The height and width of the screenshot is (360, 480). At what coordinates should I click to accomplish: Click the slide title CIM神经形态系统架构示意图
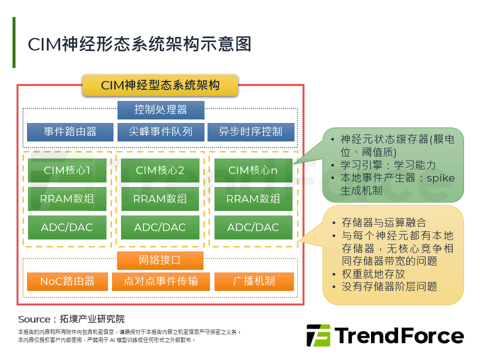139,44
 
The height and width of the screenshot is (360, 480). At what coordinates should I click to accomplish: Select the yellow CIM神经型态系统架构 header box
160,85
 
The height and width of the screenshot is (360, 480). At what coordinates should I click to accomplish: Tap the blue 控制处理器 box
160,110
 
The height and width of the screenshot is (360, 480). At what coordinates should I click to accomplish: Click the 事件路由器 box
70,132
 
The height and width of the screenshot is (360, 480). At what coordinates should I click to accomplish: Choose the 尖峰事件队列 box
160,132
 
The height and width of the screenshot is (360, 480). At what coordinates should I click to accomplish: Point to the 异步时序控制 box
250,132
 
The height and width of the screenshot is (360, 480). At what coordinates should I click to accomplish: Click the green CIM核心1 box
67,170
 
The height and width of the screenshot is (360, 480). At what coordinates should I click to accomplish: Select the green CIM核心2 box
160,170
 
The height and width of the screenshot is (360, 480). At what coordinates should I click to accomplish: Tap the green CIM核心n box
253,170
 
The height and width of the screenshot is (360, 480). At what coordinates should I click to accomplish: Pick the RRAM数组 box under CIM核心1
67,198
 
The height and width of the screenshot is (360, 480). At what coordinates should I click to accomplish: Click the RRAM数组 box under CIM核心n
253,198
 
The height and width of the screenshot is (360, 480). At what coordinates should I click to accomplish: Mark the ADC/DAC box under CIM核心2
160,227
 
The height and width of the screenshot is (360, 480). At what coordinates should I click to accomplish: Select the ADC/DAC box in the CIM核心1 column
67,227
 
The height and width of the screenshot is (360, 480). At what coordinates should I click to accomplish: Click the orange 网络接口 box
160,260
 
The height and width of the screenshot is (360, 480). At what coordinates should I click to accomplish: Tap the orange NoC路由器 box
67,281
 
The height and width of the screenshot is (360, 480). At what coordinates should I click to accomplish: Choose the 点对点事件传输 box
160,281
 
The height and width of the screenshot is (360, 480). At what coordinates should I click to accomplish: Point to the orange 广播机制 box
254,281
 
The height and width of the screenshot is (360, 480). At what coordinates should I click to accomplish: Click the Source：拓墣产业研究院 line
71,319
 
